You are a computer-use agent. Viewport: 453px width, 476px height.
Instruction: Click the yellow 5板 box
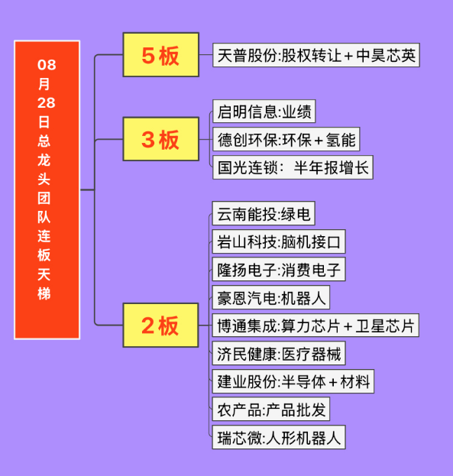[x=161, y=55]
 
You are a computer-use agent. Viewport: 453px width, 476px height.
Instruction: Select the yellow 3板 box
[x=161, y=139]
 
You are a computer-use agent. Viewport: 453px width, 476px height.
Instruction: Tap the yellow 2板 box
[x=160, y=325]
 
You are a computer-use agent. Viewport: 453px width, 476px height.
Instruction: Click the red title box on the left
[x=47, y=189]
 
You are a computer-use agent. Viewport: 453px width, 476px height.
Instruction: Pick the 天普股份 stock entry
[x=316, y=55]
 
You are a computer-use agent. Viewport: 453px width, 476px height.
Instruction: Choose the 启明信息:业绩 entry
[x=264, y=112]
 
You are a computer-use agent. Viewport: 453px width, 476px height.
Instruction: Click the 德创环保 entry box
[x=286, y=139]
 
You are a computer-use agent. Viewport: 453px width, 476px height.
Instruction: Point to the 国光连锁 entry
[x=293, y=167]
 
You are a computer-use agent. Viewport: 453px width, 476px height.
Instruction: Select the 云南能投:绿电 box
[x=264, y=213]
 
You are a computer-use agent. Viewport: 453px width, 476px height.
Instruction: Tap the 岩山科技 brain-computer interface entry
[x=279, y=241]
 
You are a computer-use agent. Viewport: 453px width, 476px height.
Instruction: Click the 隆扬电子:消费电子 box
[x=279, y=269]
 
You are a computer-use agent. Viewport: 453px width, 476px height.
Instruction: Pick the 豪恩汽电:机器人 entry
[x=271, y=297]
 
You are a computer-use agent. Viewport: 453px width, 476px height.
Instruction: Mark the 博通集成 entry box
[x=315, y=325]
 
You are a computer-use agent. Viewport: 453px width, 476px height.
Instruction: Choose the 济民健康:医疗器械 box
[x=279, y=353]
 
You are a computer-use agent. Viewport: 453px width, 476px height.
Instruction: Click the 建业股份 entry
[x=293, y=381]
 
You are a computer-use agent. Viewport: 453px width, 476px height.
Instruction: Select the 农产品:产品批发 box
[x=271, y=410]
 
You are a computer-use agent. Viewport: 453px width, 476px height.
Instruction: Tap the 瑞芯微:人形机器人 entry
[x=279, y=437]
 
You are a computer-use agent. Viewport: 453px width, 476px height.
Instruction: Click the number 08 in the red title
[x=47, y=65]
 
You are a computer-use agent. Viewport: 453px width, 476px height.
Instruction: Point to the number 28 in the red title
[x=47, y=103]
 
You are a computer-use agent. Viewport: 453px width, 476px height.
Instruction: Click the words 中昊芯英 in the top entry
[x=386, y=55]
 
